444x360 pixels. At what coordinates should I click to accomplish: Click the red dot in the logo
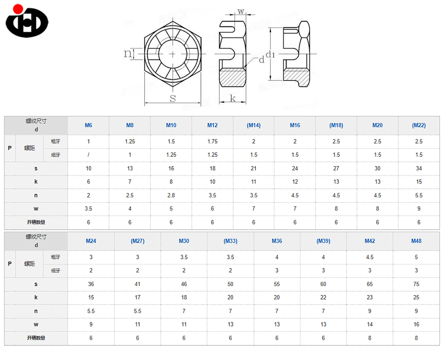tap(18, 9)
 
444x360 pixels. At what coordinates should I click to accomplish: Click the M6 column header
tap(89, 125)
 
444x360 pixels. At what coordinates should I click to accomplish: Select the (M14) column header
tap(253, 125)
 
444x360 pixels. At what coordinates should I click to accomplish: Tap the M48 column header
tap(416, 241)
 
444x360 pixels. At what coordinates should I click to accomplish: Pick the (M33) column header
tap(230, 241)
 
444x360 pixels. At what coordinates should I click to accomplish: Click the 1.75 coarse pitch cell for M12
tap(213, 142)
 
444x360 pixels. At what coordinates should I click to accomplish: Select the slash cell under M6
tap(89, 155)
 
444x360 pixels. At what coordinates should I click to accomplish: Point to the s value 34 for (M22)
tap(419, 168)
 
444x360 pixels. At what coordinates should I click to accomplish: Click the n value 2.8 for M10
tap(171, 195)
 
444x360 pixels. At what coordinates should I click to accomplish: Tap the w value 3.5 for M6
tap(89, 209)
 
